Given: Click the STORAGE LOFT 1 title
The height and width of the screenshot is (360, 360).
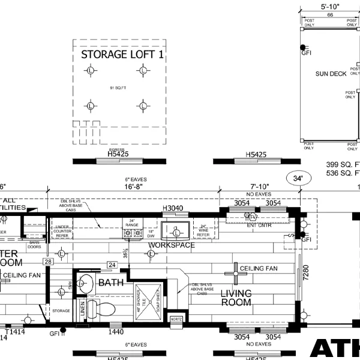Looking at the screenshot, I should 123,55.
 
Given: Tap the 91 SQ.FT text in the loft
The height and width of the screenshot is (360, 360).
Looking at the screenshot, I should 118,88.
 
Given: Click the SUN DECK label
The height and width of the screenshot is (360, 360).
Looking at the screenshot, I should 331,74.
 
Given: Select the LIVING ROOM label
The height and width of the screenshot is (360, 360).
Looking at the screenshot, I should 236,298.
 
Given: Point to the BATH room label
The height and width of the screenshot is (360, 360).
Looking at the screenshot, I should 111,282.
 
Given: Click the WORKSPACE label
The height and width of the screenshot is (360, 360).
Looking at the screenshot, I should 172,245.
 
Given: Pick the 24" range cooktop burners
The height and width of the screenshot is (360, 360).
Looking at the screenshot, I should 132,233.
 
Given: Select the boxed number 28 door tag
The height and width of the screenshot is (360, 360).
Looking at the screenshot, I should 47,262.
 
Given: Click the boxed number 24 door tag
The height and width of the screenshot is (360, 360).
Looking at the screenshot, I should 112,264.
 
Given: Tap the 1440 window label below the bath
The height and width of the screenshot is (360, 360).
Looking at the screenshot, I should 115,332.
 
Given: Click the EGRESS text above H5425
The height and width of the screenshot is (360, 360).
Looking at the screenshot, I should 118,148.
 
